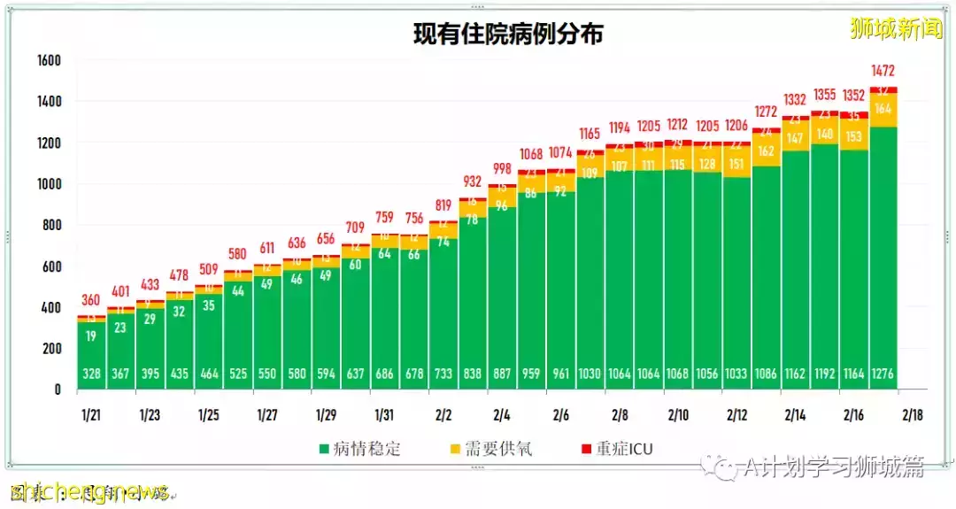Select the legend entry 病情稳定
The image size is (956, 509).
(358, 449)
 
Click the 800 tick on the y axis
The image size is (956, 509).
(50, 226)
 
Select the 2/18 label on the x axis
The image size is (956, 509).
(913, 414)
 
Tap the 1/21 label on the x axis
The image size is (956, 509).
(91, 414)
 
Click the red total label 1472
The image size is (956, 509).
(883, 70)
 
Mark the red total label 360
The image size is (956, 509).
(91, 300)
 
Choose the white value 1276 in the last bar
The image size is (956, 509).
(883, 374)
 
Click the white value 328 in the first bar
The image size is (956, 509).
(91, 374)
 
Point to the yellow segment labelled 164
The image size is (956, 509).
(883, 109)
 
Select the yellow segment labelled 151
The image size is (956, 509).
(736, 163)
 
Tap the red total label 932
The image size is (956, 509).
(473, 181)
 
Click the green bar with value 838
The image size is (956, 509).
(473, 301)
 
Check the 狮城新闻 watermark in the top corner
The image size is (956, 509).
(896, 29)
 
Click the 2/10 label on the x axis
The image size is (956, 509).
(678, 414)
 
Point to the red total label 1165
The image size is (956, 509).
(590, 134)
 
